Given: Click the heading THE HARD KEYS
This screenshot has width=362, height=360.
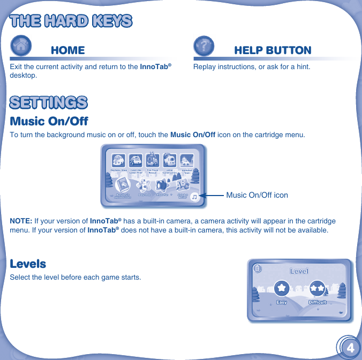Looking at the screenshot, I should (71, 21).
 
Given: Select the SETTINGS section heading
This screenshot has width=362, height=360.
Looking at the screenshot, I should (49, 102).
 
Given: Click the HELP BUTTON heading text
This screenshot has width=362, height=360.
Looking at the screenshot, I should (273, 50).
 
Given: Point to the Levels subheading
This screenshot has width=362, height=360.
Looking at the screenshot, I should (28, 264).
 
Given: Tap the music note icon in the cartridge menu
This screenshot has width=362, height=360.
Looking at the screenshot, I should (194, 197).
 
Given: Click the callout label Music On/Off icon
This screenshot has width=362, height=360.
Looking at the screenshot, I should (257, 195).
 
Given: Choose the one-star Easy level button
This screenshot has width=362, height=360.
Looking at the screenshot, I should (282, 289).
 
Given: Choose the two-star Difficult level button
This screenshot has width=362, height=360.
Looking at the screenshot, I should (317, 289).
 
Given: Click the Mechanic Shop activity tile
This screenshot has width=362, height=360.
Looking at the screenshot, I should (119, 160).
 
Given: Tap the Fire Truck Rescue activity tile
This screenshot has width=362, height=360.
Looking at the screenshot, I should (153, 160).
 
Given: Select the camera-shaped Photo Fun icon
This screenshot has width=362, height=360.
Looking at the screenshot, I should (162, 185).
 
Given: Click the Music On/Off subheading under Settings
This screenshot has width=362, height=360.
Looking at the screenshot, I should (49, 121).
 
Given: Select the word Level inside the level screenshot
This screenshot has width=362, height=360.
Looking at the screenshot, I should (299, 271).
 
